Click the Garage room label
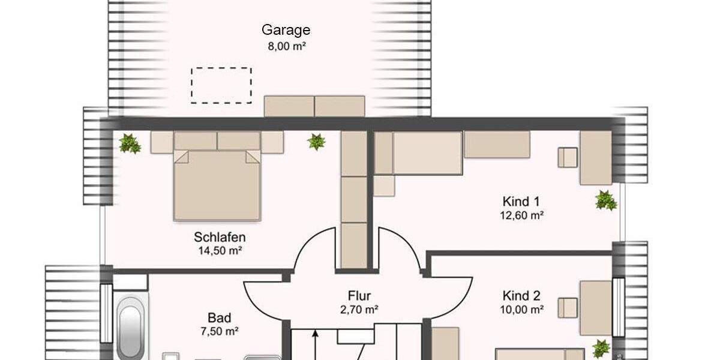286,30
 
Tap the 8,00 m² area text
286,45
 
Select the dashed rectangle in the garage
221,85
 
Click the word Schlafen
220,236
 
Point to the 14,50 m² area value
220,251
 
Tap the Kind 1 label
521,201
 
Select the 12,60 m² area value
521,215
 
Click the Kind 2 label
521,295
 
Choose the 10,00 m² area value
521,310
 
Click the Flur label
359,295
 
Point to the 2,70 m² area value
359,310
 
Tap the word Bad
219,317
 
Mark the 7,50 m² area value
219,331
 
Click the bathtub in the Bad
130,330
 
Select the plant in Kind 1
605,200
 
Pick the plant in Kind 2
601,347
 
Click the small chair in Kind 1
567,157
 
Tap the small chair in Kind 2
567,308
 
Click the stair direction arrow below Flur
314,345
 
